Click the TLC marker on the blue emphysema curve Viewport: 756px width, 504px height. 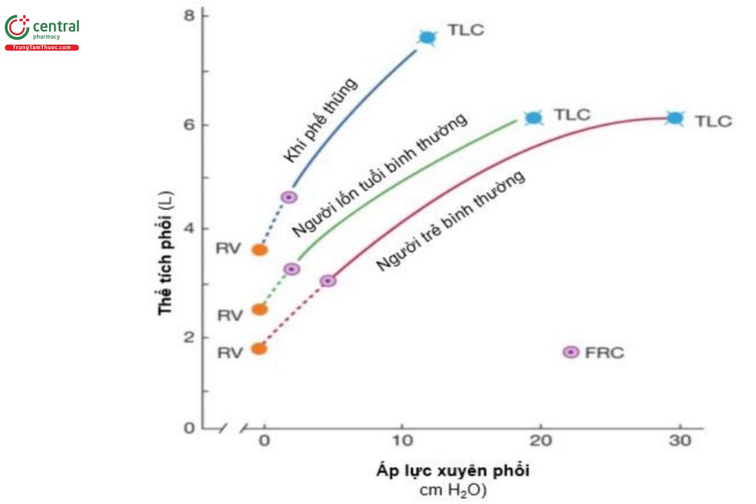coord(427,38)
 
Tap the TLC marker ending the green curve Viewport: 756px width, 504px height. coord(534,118)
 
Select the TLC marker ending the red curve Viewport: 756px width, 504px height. coord(675,118)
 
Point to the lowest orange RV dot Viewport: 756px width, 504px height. coord(259,348)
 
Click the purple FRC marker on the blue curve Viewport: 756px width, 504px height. coord(289,197)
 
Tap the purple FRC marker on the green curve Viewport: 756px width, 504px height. coord(292,269)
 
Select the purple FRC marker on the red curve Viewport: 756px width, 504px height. coord(328,280)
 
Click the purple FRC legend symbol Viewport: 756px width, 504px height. coord(571,352)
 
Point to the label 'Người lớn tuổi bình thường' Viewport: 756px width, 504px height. coord(379,176)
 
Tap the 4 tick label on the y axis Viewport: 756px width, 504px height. coord(188,228)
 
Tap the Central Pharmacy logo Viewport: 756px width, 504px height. coord(42,31)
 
